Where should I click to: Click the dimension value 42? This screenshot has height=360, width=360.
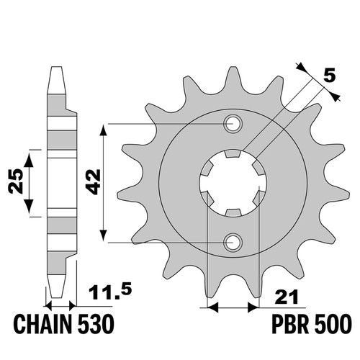point(93,181)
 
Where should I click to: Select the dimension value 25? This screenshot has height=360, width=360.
point(16,181)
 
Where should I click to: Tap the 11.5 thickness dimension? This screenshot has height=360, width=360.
point(110,293)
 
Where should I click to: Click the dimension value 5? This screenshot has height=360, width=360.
point(329,76)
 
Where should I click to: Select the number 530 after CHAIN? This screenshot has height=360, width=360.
point(96,324)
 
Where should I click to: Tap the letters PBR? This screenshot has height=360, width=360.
point(289,324)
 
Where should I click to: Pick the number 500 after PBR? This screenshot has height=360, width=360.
point(333,324)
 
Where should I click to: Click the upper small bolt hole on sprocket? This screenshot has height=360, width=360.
point(233,124)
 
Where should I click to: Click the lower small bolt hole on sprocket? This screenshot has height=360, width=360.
point(233,243)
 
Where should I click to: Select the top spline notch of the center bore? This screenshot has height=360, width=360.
point(233,153)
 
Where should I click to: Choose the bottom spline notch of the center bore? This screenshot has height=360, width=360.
point(233,212)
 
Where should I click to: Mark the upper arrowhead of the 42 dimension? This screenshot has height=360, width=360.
point(103,131)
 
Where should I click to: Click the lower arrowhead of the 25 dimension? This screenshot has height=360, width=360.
point(30,207)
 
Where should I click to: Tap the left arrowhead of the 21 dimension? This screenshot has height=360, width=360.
point(212,307)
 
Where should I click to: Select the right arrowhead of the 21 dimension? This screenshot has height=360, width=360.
point(253,307)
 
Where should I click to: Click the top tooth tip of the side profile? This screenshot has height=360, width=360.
point(57,68)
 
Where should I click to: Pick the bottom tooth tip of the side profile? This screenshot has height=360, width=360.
point(57,297)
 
